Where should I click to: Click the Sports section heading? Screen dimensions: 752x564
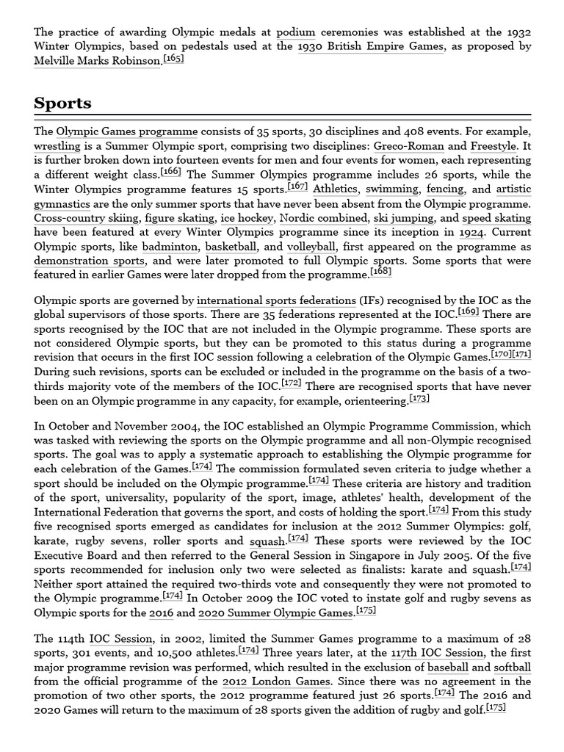[x=62, y=103]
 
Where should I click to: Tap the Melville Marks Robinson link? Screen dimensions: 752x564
[x=97, y=60]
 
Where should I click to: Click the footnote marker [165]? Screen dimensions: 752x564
[x=174, y=59]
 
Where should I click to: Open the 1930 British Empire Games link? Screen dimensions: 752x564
[x=370, y=46]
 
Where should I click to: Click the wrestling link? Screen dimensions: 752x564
[x=57, y=146]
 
